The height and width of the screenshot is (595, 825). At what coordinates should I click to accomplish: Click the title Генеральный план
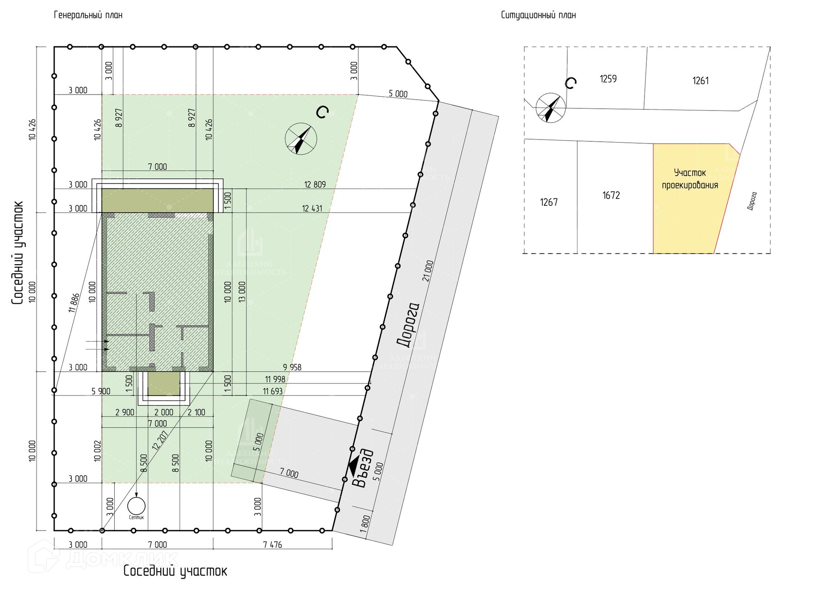88,15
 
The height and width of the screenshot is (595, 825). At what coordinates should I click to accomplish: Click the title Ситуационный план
538,15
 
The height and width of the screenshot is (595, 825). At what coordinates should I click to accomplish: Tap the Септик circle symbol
136,506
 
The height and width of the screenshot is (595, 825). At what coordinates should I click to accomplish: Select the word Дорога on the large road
407,325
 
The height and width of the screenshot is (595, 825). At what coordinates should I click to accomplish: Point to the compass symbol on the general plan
301,139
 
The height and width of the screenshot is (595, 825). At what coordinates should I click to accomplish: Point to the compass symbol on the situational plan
550,108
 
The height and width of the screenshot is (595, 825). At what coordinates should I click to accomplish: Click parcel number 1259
608,79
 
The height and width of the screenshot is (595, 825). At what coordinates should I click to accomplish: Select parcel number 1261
700,80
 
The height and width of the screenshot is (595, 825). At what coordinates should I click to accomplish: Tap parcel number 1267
549,202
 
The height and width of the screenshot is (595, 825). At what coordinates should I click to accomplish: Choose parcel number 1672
611,195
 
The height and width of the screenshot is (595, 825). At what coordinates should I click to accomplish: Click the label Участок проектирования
690,179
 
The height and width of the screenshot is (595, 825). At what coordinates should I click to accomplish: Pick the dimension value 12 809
315,184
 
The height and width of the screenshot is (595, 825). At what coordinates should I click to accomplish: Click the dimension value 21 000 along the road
428,271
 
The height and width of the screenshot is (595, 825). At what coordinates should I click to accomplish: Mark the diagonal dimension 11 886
73,302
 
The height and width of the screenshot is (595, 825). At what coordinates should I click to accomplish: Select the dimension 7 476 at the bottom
272,545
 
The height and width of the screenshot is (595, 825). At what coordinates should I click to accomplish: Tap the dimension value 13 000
242,292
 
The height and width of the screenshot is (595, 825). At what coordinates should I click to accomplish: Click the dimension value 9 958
292,367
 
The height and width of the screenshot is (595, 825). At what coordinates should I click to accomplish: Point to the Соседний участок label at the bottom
175,571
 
